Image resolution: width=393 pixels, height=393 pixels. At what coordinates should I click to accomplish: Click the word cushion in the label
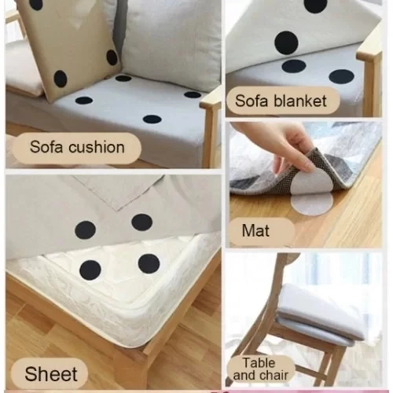[x=97, y=147]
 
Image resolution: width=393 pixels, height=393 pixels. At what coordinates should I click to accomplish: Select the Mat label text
[x=255, y=231]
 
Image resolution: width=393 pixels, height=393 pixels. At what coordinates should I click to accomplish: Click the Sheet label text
[x=51, y=374]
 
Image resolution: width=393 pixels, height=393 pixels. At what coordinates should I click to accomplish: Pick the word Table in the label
[x=259, y=363]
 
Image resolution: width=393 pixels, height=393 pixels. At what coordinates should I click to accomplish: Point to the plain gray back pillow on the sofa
[x=171, y=42]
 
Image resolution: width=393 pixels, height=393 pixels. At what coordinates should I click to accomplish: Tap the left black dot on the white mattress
[x=90, y=270]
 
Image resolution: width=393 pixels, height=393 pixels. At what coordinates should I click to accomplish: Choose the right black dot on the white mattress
[x=149, y=264]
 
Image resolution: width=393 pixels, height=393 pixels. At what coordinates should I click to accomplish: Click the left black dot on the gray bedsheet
[x=85, y=230]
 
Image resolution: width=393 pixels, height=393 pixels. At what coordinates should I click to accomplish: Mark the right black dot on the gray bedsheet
[x=141, y=222]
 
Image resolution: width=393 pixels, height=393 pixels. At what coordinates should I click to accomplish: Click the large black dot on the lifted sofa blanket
[x=286, y=42]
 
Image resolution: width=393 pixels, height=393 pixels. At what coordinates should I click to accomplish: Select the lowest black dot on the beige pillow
[x=61, y=79]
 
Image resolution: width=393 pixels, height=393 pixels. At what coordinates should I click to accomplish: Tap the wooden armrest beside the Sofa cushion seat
[x=211, y=126]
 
